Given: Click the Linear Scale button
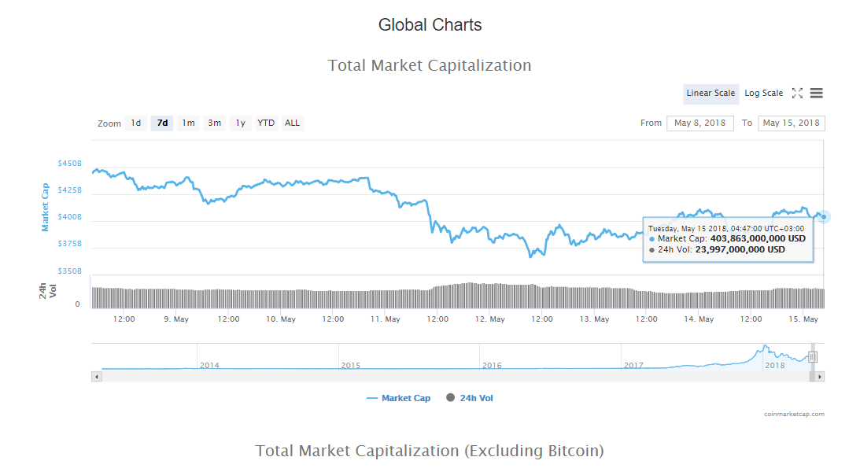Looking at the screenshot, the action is (x=711, y=93).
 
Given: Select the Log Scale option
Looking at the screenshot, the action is (x=763, y=93).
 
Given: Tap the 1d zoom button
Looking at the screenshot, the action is (x=136, y=123).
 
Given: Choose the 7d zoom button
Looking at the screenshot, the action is (x=162, y=123).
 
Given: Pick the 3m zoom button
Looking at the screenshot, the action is (x=215, y=123).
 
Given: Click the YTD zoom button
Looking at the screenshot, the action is (x=266, y=123).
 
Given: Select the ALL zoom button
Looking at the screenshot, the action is (x=293, y=123).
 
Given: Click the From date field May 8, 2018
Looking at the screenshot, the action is (x=699, y=123).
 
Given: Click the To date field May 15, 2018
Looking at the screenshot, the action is (x=791, y=123).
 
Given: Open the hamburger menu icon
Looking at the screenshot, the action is (x=817, y=93).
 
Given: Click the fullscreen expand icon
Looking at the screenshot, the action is (x=798, y=93).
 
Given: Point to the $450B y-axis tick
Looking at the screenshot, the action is (x=70, y=164).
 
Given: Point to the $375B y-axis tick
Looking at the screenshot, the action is (x=70, y=243).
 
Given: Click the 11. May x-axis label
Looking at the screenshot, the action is (x=385, y=319).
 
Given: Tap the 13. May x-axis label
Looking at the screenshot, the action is (x=595, y=319).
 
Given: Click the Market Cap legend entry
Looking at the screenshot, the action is (x=399, y=398).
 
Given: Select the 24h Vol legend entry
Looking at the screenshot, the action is (x=470, y=398).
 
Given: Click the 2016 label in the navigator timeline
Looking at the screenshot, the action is (x=492, y=365).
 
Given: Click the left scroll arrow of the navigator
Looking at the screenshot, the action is (x=97, y=377).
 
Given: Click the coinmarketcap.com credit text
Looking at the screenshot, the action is (x=794, y=414).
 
